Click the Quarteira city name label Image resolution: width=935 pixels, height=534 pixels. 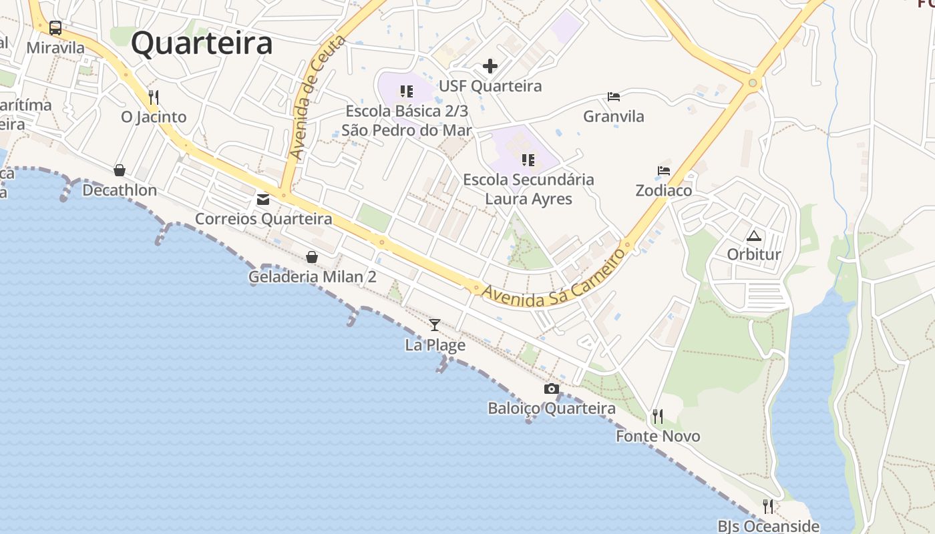pyautogui.click(x=202, y=44)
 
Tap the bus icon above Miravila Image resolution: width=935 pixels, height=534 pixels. pyautogui.click(x=55, y=28)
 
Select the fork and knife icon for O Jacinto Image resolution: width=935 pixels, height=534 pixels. pyautogui.click(x=154, y=97)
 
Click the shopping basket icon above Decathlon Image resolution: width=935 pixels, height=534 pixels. pyautogui.click(x=120, y=170)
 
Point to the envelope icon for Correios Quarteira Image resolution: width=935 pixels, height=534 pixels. pyautogui.click(x=263, y=199)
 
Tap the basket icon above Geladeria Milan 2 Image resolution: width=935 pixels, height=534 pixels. pyautogui.click(x=312, y=257)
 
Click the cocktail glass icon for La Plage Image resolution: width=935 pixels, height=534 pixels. pyautogui.click(x=435, y=325)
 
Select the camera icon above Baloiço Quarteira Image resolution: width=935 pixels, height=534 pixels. pyautogui.click(x=552, y=388)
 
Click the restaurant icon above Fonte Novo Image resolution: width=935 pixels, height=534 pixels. pyautogui.click(x=658, y=417)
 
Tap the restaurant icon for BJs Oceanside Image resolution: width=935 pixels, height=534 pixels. pyautogui.click(x=768, y=506)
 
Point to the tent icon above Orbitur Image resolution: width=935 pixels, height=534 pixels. pyautogui.click(x=754, y=235)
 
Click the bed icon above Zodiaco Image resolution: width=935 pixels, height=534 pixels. pyautogui.click(x=663, y=171)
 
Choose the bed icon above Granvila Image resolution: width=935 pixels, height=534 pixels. pyautogui.click(x=614, y=97)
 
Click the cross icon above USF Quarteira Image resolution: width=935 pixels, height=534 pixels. pyautogui.click(x=490, y=66)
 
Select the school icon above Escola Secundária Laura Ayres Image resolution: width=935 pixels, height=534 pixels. pyautogui.click(x=528, y=160)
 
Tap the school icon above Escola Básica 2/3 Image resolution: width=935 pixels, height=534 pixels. pyautogui.click(x=407, y=91)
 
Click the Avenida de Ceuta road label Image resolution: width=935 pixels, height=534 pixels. pyautogui.click(x=317, y=97)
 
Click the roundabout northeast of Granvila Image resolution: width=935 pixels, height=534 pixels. pyautogui.click(x=753, y=83)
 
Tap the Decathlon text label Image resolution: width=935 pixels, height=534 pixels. pyautogui.click(x=120, y=190)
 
